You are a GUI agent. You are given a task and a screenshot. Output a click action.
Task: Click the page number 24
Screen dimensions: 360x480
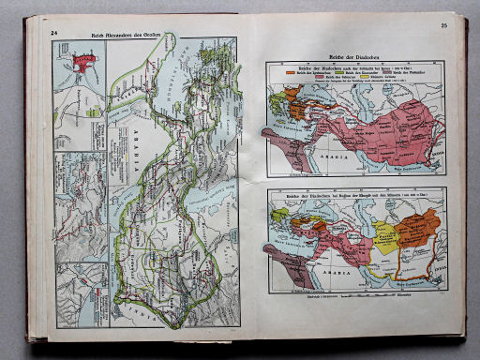pyautogui.click(x=54, y=33)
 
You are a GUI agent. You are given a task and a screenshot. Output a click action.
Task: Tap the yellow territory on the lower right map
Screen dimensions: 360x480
pyautogui.click(x=385, y=238)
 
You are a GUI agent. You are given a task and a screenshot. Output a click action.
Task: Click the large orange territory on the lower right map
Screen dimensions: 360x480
pyautogui.click(x=418, y=228)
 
